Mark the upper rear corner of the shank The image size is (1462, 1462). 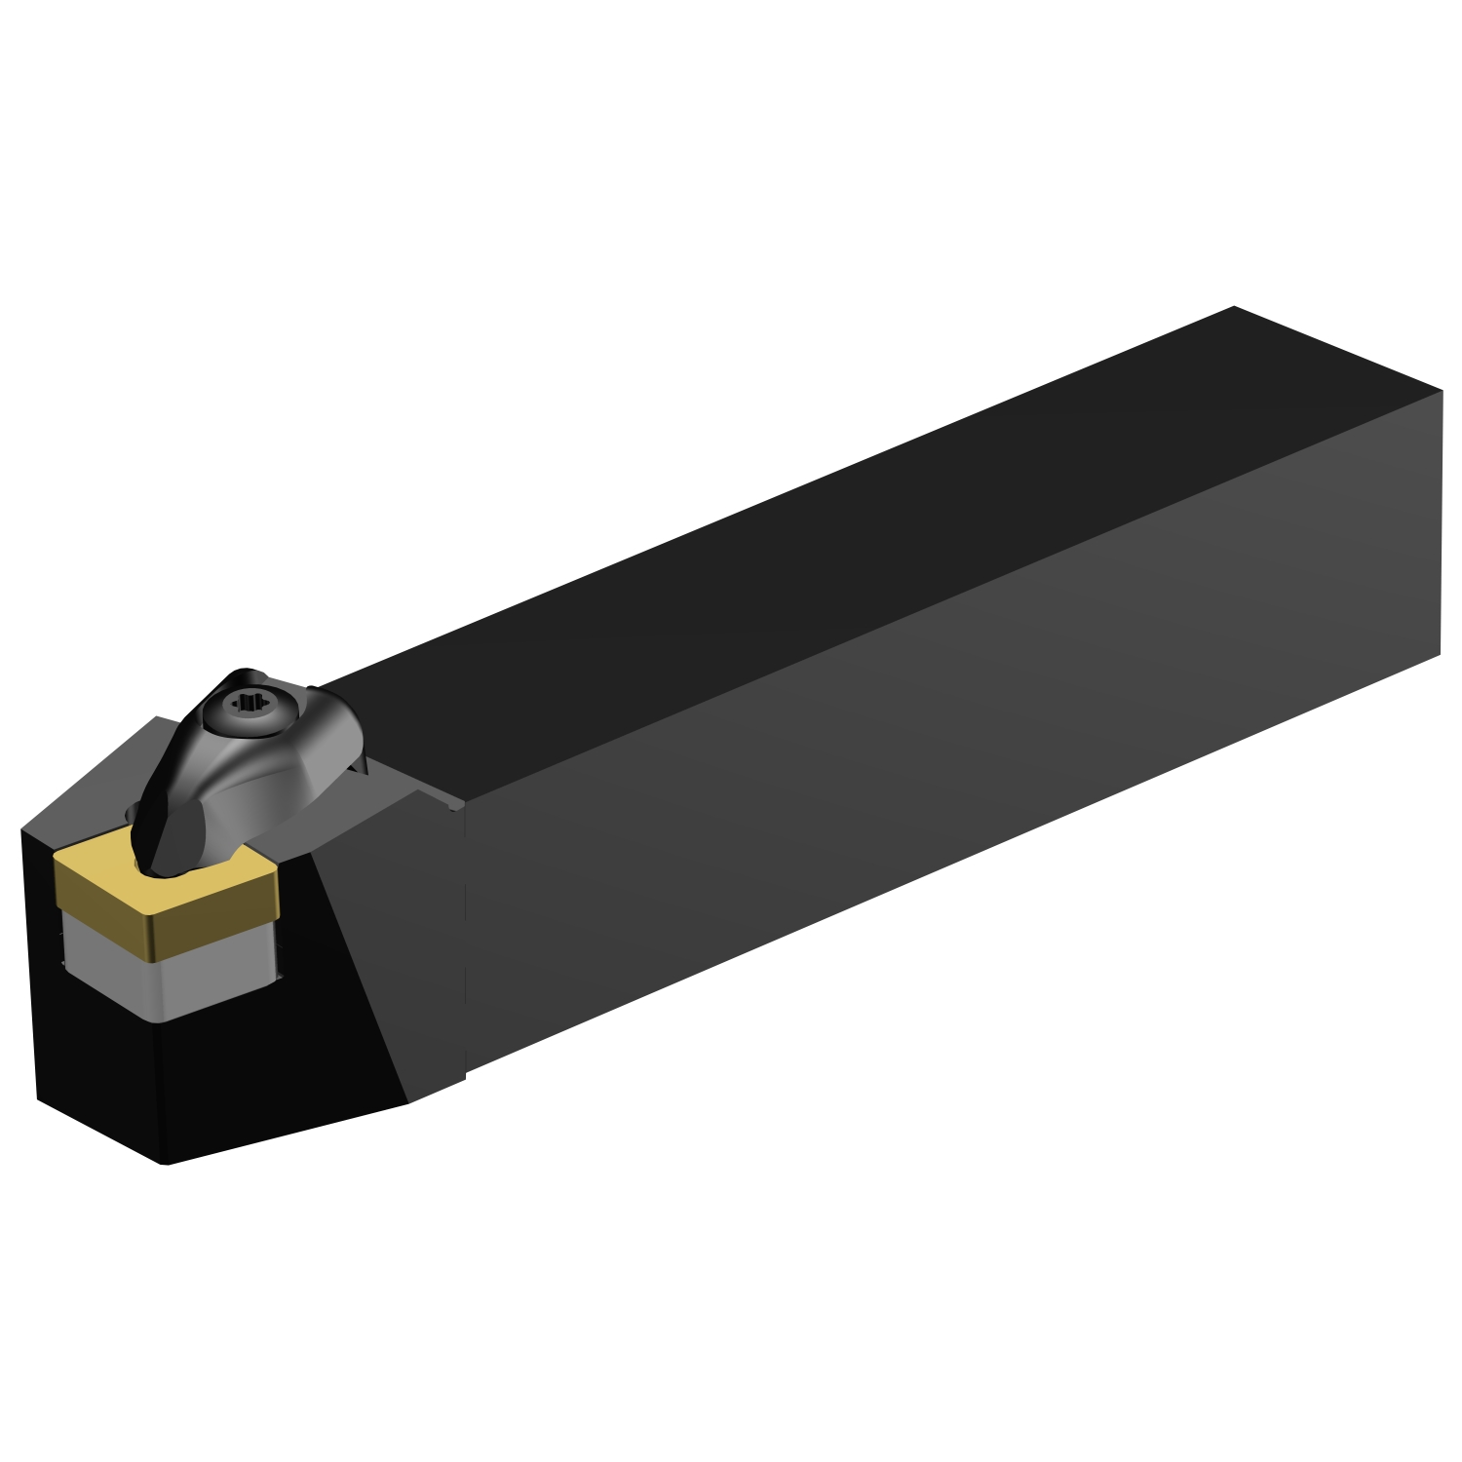point(1442,392)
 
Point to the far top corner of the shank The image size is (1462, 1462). point(1235,307)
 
